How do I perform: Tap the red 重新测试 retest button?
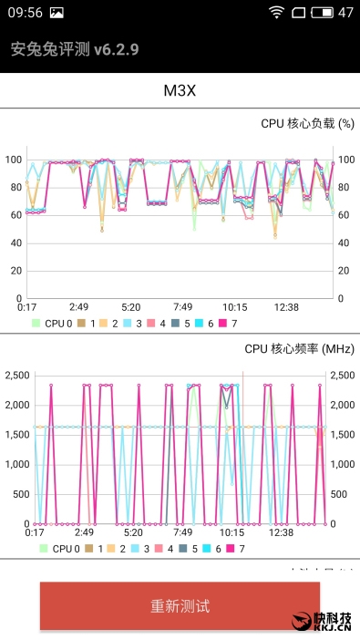180,606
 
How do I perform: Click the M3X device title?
180,90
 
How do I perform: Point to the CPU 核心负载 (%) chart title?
307,124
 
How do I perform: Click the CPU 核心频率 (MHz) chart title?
299,348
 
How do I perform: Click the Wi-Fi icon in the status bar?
276,12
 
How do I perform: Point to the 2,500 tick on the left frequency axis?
17,375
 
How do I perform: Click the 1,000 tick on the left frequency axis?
17,464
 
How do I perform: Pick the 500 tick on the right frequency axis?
339,494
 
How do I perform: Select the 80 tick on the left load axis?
14,187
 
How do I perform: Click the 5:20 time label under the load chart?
130,307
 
